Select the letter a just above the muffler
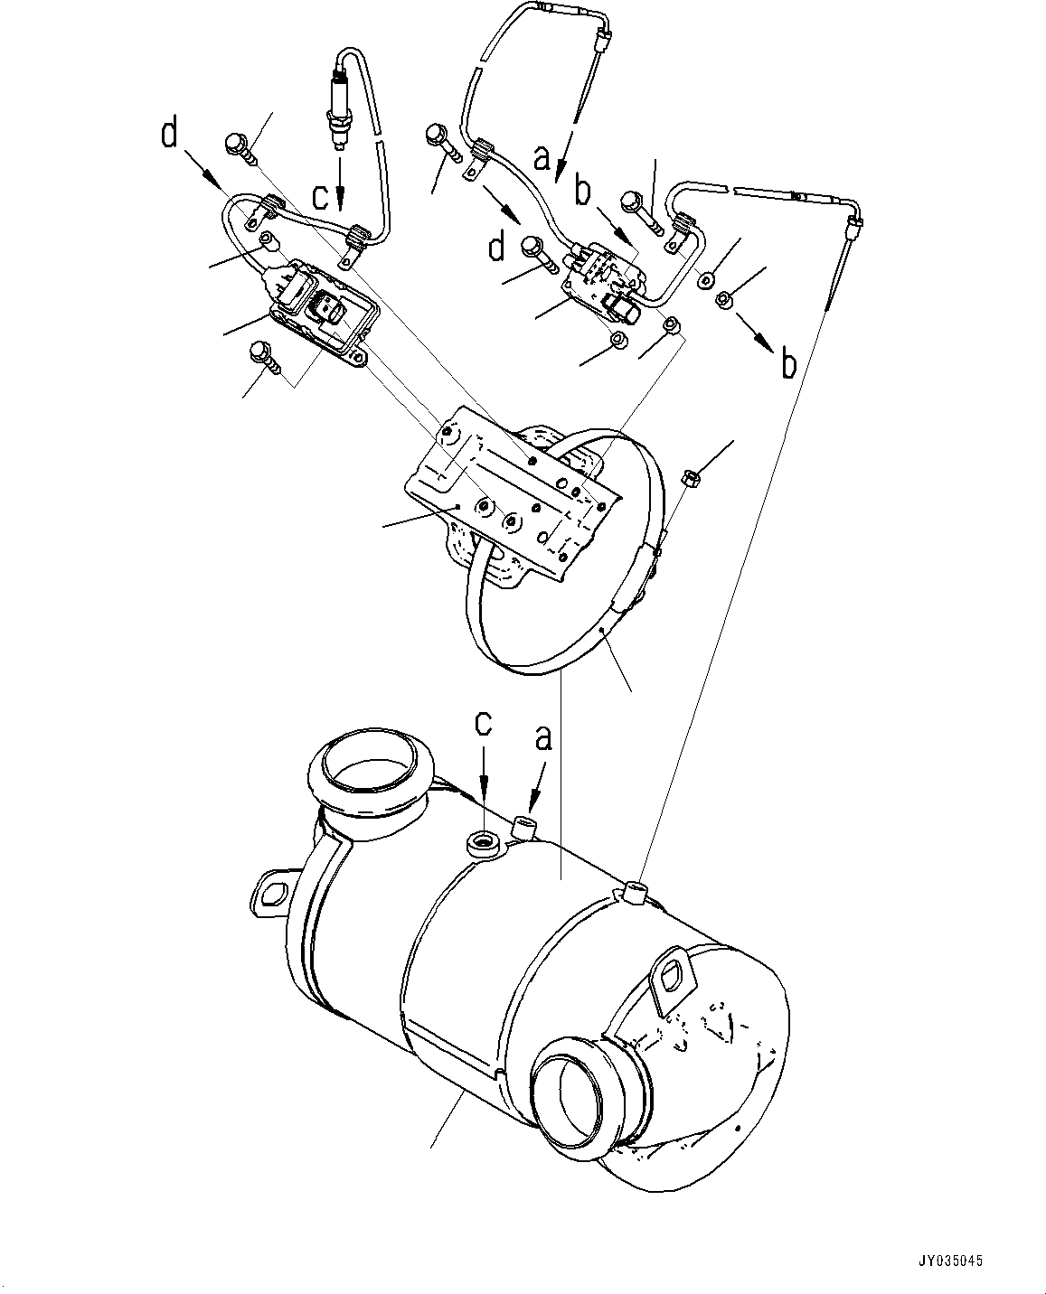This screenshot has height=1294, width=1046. (542, 740)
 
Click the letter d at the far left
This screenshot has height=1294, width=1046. (170, 135)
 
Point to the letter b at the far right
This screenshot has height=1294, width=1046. (788, 364)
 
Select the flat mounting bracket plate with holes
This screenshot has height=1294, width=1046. (511, 489)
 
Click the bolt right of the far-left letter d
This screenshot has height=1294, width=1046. (238, 145)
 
